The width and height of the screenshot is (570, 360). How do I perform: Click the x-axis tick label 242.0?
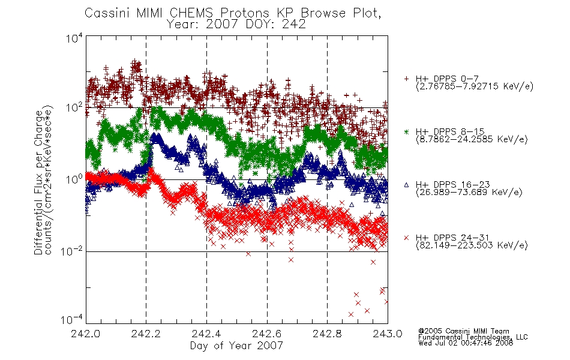pos(85,334)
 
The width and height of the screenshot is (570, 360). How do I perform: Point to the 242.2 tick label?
pos(146,334)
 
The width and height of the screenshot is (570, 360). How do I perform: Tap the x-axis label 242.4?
pos(206,334)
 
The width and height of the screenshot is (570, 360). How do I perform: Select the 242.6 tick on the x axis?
pos(267,334)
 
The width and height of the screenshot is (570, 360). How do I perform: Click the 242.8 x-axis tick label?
pos(327,334)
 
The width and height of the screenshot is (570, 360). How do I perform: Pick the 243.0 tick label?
pos(388,334)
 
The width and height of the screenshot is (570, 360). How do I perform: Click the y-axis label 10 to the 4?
pos(74,38)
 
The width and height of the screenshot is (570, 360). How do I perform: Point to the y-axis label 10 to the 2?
pos(74,107)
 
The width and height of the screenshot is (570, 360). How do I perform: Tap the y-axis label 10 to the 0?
pos(74,179)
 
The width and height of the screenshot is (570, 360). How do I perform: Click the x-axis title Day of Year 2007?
pos(236,346)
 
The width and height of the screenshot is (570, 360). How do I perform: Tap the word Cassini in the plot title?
pos(108,13)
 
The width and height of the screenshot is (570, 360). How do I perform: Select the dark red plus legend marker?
pos(406,79)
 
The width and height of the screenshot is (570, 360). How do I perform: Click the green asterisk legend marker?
pos(406,131)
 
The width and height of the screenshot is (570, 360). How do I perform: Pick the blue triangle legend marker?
pos(406,185)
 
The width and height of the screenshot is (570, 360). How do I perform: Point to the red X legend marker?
pos(406,238)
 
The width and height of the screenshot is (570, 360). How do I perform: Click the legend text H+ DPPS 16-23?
pos(453,185)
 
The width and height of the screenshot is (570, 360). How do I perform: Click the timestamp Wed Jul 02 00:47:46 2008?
pos(466,343)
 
